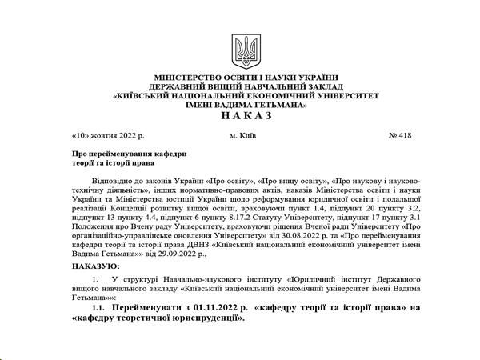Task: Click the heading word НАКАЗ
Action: pyautogui.click(x=240, y=115)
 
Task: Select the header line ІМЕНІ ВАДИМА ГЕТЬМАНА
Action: pyautogui.click(x=240, y=104)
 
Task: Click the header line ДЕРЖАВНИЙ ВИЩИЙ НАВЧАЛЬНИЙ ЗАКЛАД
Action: pyautogui.click(x=240, y=86)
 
